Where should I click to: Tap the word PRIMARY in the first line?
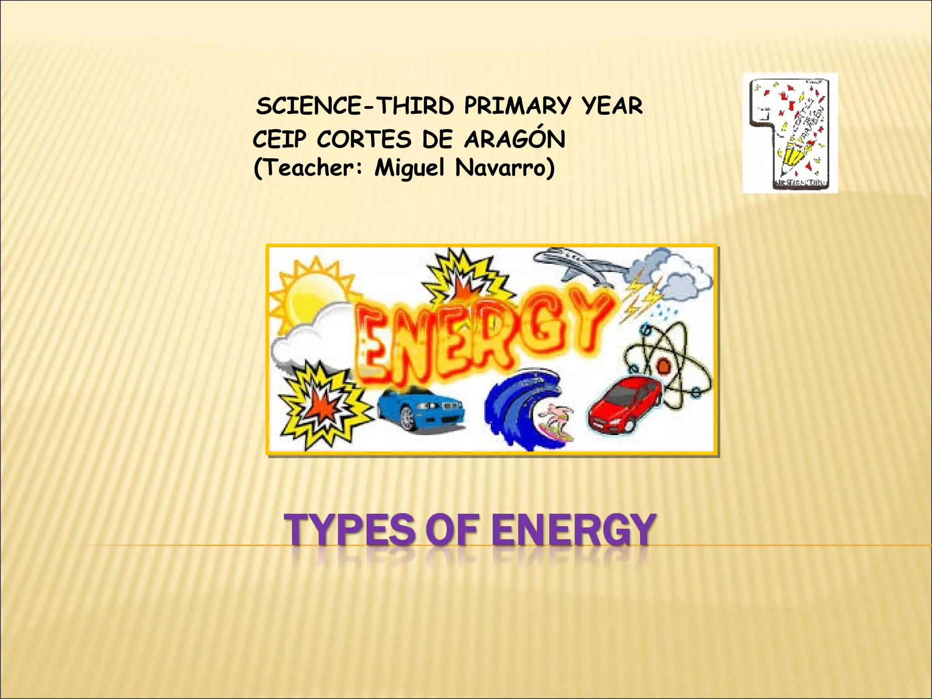[x=517, y=106]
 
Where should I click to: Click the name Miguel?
[x=409, y=168]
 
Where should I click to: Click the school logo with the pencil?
[x=790, y=133]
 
